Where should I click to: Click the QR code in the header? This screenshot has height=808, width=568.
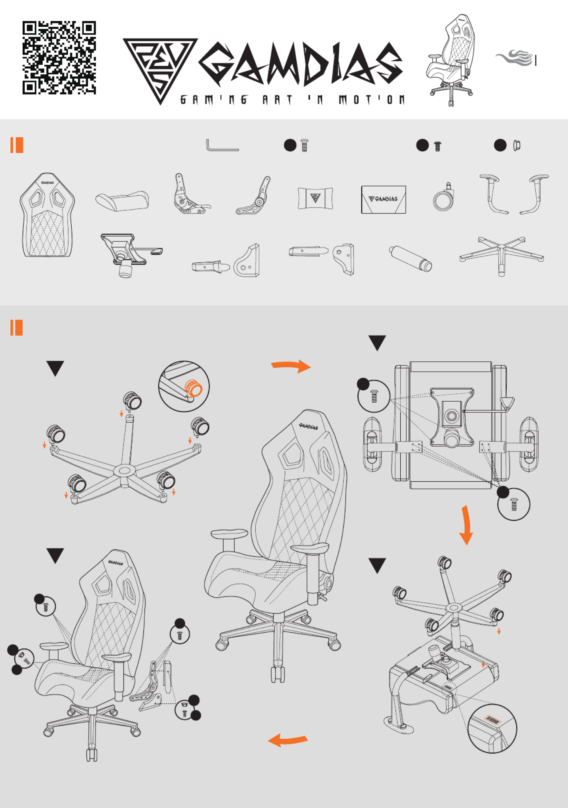pyautogui.click(x=59, y=58)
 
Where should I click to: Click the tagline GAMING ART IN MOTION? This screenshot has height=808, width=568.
pyautogui.click(x=292, y=100)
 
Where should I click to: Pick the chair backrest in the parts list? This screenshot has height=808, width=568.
pyautogui.click(x=47, y=215)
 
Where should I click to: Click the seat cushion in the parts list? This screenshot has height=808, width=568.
pyautogui.click(x=122, y=201)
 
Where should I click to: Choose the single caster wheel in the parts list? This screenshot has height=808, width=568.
pyautogui.click(x=443, y=197)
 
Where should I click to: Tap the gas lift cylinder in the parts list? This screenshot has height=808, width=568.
pyautogui.click(x=410, y=259)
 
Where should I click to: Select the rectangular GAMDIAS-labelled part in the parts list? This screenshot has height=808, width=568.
pyautogui.click(x=384, y=199)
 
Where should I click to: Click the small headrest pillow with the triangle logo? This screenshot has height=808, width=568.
pyautogui.click(x=315, y=198)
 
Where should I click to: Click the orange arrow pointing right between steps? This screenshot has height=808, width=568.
pyautogui.click(x=291, y=366)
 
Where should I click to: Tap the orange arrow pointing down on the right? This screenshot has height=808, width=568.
pyautogui.click(x=466, y=525)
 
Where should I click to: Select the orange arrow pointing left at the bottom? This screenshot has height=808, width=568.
pyautogui.click(x=288, y=740)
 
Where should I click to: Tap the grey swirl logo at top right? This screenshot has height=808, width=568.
pyautogui.click(x=515, y=58)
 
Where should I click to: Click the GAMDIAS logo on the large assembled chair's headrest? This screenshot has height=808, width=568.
pyautogui.click(x=309, y=426)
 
